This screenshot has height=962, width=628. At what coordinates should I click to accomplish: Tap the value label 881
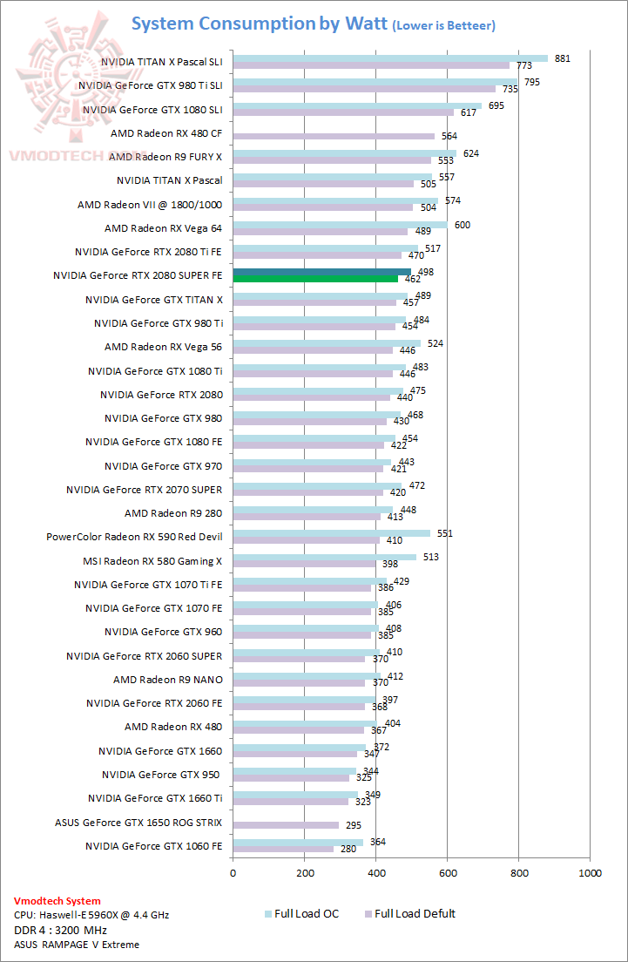click(562, 58)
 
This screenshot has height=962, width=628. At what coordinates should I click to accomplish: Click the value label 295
click(353, 824)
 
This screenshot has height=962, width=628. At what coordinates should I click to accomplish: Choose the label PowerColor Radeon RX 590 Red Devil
click(134, 537)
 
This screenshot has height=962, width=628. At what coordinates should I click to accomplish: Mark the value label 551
click(445, 532)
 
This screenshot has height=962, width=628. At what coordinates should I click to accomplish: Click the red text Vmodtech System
click(57, 901)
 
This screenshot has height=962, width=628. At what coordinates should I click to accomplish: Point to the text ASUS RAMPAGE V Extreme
click(76, 945)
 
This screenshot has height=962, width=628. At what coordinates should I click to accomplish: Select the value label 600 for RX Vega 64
click(462, 225)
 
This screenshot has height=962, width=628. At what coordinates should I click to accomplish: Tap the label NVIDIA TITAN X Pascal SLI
click(161, 63)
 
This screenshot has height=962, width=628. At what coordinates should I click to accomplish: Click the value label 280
click(348, 850)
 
